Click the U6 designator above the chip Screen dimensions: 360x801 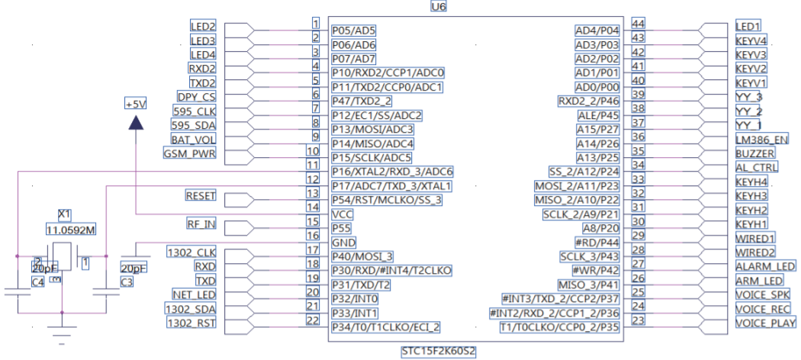click(439, 6)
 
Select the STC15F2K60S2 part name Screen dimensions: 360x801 click(439, 352)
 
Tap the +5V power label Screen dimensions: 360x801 click(135, 104)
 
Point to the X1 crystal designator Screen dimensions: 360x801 click(65, 214)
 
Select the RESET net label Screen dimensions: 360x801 click(201, 196)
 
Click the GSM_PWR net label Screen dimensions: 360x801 click(190, 153)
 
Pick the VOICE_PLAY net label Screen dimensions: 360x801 click(765, 323)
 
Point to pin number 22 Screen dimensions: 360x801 click(311, 321)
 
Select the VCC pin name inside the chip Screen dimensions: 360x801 click(343, 214)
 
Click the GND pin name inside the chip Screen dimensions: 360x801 click(343, 243)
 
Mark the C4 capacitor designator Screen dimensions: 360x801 click(37, 282)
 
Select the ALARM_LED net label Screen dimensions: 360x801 click(765, 266)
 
